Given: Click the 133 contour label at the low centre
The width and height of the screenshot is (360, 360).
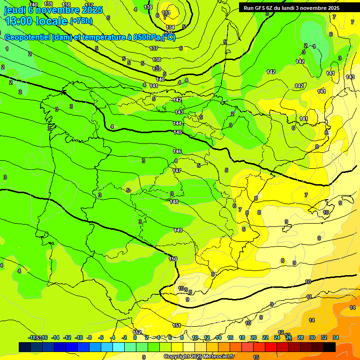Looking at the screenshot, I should [166, 13].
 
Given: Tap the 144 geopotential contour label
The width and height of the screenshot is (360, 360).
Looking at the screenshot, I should [178, 123].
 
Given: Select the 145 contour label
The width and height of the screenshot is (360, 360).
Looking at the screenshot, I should [178, 133].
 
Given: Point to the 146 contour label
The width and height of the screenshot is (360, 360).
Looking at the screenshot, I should [177, 151].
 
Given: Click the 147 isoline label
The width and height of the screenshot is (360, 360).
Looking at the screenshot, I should [177, 171].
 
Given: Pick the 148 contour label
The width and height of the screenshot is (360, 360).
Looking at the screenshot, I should [174, 202].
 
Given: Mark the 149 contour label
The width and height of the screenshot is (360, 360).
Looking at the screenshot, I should [178, 230].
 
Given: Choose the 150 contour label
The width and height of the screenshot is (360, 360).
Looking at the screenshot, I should [173, 259].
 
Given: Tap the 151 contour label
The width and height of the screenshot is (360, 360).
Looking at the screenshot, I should [177, 325].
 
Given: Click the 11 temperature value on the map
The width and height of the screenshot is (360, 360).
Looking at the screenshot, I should [309, 297].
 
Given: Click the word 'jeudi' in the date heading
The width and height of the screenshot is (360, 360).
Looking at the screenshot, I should [15, 9].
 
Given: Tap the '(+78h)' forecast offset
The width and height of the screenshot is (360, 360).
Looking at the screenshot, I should [81, 21].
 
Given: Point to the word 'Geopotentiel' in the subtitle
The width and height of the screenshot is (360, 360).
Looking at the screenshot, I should [27, 37].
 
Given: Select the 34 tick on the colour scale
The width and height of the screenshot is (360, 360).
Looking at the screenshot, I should [336, 337].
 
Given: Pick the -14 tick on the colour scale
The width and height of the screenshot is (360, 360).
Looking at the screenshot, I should [55, 337].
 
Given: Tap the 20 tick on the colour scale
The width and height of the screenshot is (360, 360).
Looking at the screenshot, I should [254, 337].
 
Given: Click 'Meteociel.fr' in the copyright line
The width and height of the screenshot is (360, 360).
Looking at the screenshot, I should [218, 356].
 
